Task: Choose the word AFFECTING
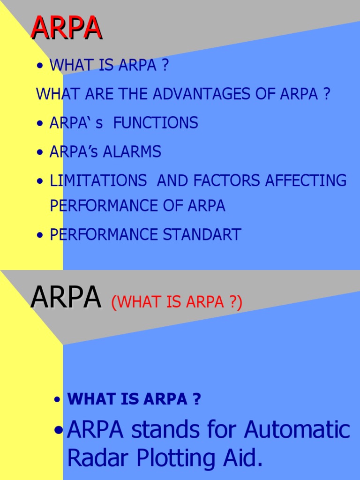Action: [x=307, y=180]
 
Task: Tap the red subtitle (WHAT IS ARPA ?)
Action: [x=177, y=302]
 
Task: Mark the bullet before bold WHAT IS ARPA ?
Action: [x=57, y=400]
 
